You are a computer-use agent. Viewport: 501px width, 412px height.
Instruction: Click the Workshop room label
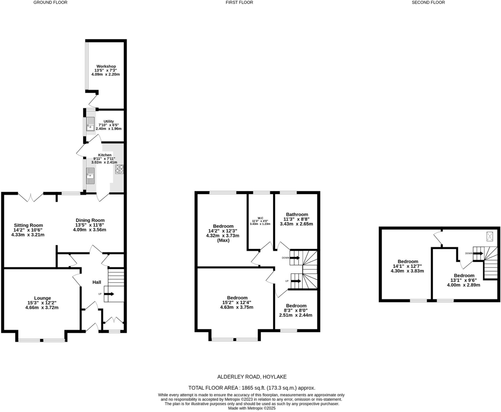click(106, 66)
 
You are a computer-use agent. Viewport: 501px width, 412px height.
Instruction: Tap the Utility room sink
click(90, 124)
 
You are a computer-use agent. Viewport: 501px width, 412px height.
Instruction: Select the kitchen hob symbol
click(119, 169)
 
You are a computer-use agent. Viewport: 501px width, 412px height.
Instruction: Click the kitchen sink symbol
click(90, 176)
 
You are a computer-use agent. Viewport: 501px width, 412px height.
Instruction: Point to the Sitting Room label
click(28, 225)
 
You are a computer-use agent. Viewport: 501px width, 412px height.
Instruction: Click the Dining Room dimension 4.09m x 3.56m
click(90, 230)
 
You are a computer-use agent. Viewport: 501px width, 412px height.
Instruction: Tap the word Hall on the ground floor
click(97, 282)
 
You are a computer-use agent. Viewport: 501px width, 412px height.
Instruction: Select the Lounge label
click(42, 298)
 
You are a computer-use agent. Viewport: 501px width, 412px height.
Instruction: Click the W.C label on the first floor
click(260, 218)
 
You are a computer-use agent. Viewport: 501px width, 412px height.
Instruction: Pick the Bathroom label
click(297, 214)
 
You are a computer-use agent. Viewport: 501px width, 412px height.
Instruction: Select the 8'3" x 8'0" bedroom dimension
click(296, 310)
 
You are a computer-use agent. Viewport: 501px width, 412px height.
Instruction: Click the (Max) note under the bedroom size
click(223, 240)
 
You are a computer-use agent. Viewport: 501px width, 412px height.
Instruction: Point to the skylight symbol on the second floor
click(490, 237)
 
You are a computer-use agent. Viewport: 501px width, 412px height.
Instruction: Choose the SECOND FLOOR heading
click(428, 3)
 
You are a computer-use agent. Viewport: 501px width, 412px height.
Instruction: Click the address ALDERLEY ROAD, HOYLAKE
click(252, 377)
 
